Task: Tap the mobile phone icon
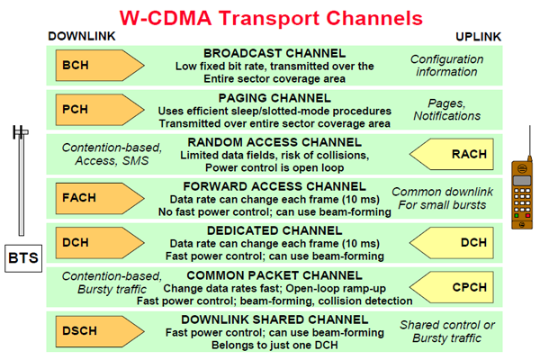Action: tap(519, 193)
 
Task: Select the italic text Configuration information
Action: tap(446, 66)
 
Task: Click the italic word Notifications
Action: tap(446, 117)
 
